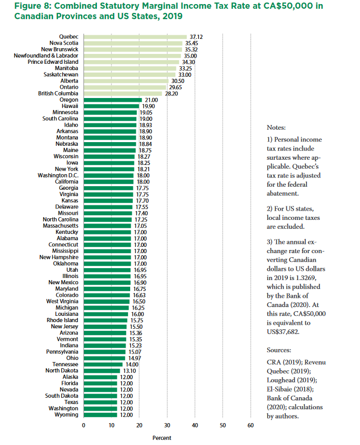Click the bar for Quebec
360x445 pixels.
pos(135,37)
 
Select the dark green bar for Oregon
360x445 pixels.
pos(113,100)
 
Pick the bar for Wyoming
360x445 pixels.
pos(100,414)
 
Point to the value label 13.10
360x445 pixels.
pos(129,370)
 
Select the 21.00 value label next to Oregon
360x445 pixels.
pos(150,100)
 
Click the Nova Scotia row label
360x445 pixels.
pos(64,43)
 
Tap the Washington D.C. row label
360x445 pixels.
pos(58,175)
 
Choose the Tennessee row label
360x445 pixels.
pos(65,364)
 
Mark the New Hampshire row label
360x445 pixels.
pos(59,257)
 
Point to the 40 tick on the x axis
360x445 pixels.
pos(195,426)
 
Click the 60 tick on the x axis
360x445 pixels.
pos(251,426)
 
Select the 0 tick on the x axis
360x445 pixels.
pos(84,426)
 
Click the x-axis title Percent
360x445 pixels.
pos(162,438)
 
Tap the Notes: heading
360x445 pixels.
pos(276,128)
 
